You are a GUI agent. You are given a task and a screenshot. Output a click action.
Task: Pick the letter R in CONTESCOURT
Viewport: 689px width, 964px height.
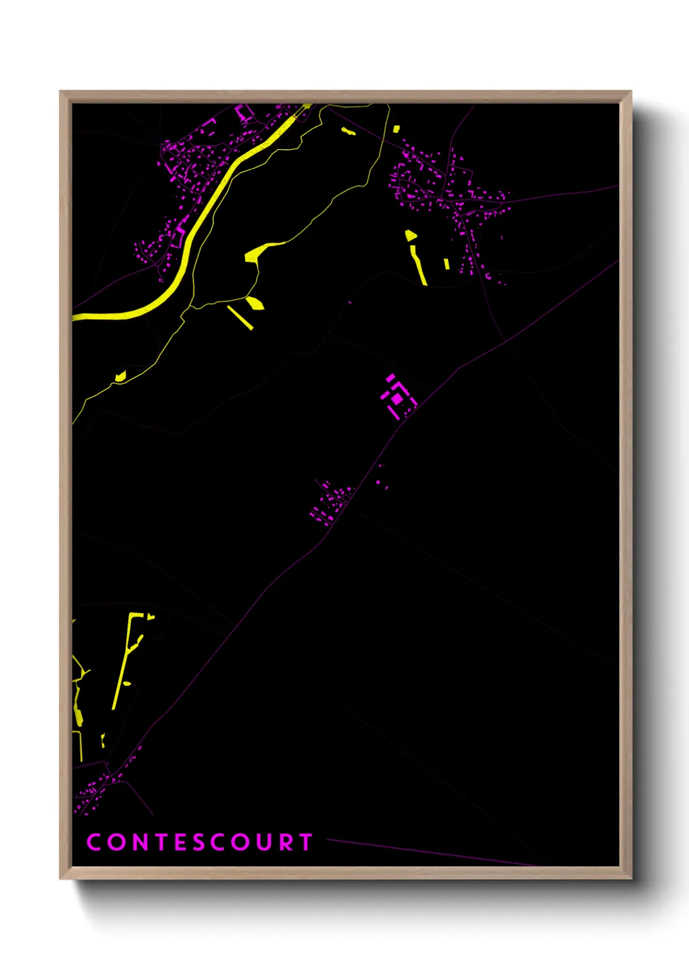[x=285, y=842]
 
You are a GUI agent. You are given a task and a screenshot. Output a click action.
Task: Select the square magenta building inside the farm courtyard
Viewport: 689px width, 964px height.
[x=397, y=397]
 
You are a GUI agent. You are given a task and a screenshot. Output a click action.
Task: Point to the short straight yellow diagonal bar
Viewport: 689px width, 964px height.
[x=240, y=317]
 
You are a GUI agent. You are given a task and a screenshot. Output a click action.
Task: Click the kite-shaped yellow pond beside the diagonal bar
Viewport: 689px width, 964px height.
[x=254, y=302]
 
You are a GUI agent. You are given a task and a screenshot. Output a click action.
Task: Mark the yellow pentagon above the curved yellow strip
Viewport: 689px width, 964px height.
[x=410, y=235]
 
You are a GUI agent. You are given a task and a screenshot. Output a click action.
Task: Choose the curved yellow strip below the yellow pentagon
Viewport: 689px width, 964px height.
[x=418, y=264]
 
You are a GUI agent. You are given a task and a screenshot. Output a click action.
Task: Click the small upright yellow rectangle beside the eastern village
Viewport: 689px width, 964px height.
[x=446, y=264]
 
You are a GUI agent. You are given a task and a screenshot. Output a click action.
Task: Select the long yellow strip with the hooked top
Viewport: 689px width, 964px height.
[x=126, y=658]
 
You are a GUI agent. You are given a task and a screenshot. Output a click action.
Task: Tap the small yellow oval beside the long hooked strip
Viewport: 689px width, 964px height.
[x=127, y=683]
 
